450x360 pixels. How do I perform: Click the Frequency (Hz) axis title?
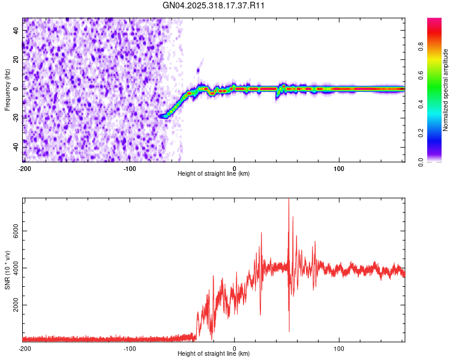click(x=7, y=89)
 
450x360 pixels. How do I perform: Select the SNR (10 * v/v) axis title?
click(x=7, y=269)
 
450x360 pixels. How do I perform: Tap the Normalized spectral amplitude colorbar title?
click(x=446, y=89)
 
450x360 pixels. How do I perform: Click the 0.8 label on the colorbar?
click(x=421, y=47)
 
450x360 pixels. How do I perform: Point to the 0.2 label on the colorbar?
click(x=421, y=133)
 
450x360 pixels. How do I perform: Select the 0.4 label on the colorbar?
click(x=421, y=104)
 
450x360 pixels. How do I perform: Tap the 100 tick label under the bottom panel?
click(x=339, y=347)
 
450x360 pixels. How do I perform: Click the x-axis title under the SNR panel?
click(x=214, y=353)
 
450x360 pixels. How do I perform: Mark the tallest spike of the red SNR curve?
click(x=289, y=200)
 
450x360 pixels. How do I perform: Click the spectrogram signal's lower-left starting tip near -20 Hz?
click(x=160, y=116)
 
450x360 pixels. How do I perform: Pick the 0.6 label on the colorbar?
click(x=421, y=76)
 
